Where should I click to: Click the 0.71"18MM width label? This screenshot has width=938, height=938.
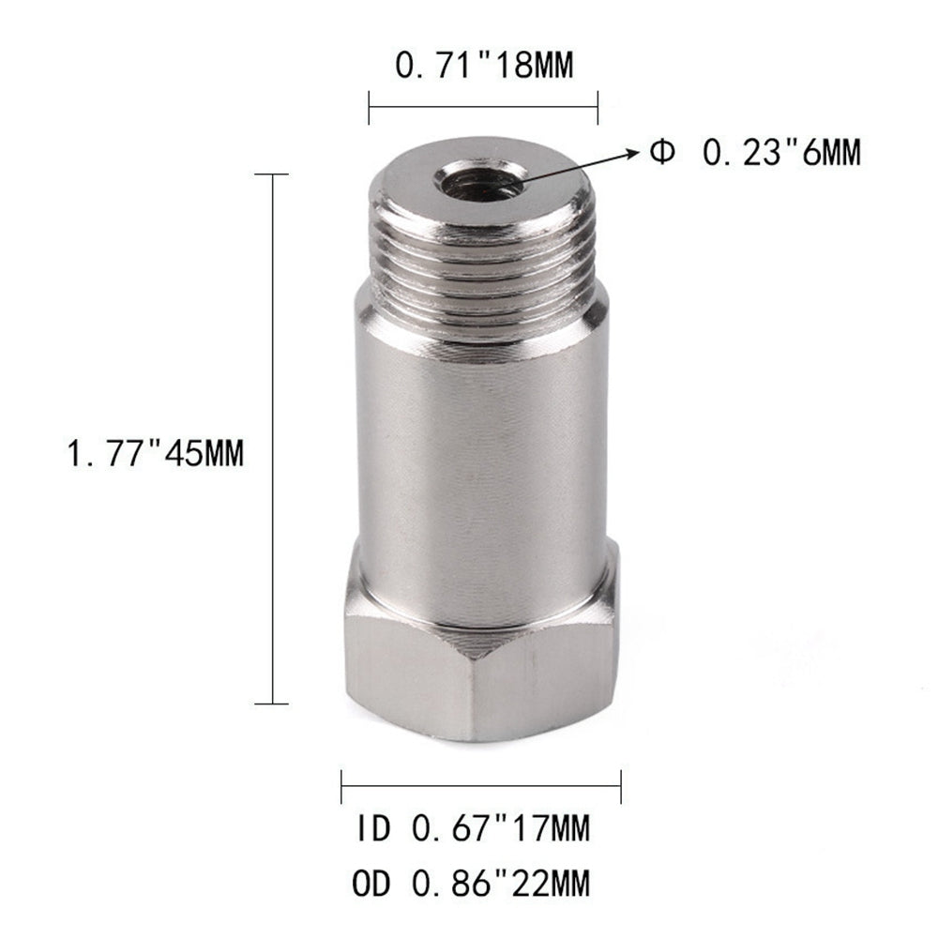(x=482, y=67)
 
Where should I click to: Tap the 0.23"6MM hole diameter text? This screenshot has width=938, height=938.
(x=782, y=151)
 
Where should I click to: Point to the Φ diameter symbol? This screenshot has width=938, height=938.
(x=661, y=152)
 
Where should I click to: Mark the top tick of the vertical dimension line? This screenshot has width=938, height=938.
(x=272, y=174)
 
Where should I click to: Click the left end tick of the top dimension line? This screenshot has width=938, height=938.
(x=369, y=107)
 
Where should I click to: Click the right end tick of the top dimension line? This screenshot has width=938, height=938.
(x=598, y=107)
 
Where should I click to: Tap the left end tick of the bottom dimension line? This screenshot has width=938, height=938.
(x=342, y=786)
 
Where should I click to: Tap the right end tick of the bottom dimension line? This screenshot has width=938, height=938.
(x=621, y=786)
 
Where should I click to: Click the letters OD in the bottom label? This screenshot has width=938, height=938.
(x=371, y=882)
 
